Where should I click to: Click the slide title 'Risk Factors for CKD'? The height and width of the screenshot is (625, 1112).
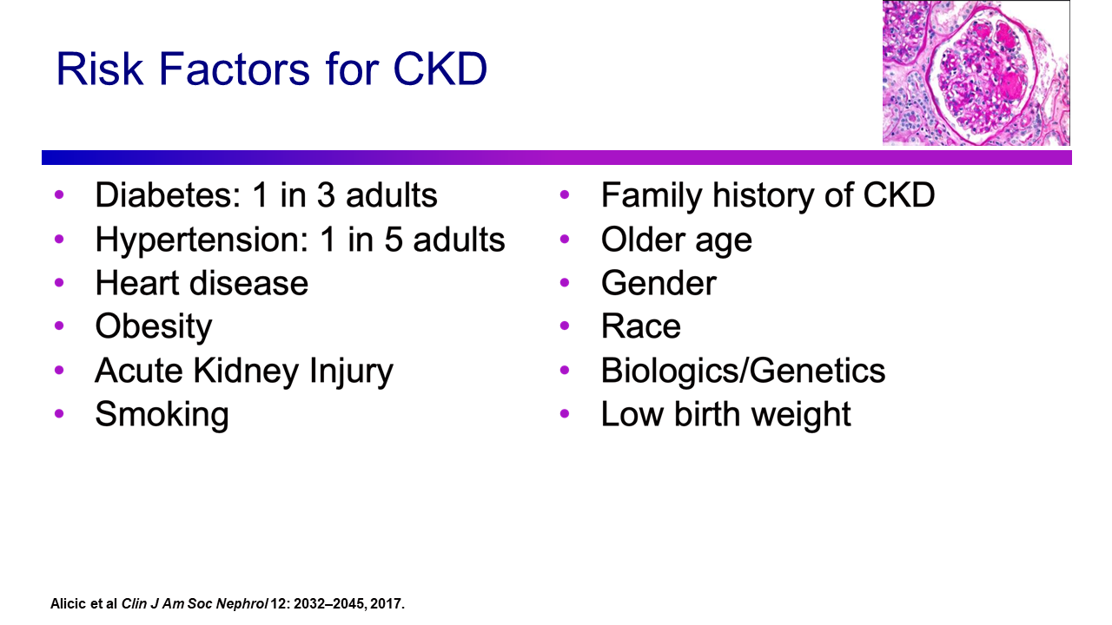click(x=271, y=69)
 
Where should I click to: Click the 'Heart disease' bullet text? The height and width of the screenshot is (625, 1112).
click(x=202, y=283)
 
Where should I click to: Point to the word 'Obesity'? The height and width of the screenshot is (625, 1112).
click(x=154, y=327)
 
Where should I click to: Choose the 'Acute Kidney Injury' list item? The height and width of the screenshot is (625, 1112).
click(x=244, y=371)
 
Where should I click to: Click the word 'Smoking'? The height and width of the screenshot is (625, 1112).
click(x=162, y=415)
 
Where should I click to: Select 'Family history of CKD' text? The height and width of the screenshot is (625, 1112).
click(x=768, y=195)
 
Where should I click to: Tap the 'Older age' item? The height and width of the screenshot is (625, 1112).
click(x=677, y=240)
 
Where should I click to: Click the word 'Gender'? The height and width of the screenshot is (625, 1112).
click(x=659, y=283)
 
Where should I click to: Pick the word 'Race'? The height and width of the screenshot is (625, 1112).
click(x=641, y=327)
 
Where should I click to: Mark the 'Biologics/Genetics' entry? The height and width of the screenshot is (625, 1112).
click(x=743, y=371)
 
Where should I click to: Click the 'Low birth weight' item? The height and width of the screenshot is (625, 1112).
click(x=725, y=415)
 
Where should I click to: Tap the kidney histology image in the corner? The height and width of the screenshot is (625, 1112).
click(x=976, y=72)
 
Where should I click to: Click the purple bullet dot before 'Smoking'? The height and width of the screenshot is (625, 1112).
click(x=59, y=414)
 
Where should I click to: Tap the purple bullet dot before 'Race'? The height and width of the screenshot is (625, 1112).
click(x=565, y=326)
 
